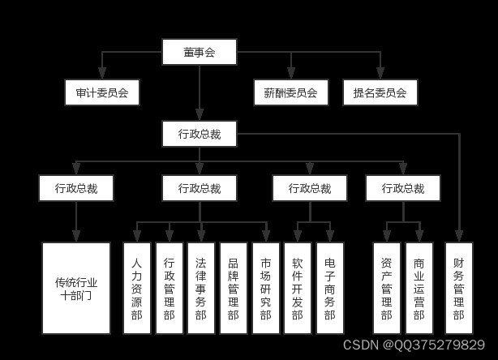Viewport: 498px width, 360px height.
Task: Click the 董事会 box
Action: coord(199,53)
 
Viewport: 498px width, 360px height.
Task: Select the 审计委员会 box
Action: coord(101,92)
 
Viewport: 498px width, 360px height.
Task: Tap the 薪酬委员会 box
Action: coord(290,92)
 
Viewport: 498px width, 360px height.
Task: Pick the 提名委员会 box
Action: coord(380,92)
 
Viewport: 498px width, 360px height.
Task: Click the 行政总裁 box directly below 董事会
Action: coord(199,134)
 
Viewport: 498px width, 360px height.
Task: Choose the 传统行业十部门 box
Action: coord(76,288)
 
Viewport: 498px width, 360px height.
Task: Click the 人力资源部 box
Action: coord(136,288)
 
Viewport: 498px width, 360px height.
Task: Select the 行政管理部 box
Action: coord(169,288)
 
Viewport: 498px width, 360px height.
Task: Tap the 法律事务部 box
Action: coord(201,288)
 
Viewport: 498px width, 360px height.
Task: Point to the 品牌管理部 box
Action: coord(233,288)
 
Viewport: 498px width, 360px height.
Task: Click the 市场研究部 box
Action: coord(265,288)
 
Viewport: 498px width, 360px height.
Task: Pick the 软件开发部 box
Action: coord(298,288)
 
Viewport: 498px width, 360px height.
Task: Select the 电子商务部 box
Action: coord(329,288)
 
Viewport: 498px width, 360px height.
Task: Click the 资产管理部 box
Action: coord(386,288)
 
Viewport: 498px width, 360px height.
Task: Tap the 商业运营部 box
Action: coord(419,288)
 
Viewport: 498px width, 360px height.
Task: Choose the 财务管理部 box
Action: coord(459,288)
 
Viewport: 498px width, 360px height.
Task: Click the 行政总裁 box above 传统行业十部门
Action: coord(76,188)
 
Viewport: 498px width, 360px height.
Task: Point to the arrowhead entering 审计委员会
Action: coord(101,75)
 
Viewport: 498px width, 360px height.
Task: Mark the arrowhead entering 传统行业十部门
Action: coord(76,237)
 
